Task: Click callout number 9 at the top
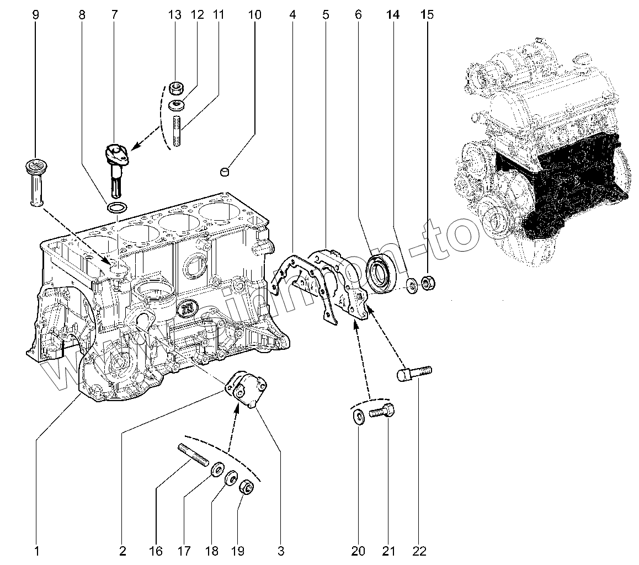(x=36, y=15)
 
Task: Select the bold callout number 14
(x=392, y=15)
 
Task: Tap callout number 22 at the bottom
(x=419, y=550)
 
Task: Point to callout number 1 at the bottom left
(x=36, y=550)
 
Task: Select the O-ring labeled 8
(x=116, y=208)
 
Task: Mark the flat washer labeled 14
(x=412, y=286)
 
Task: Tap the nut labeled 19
(x=246, y=488)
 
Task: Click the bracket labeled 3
(x=248, y=390)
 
